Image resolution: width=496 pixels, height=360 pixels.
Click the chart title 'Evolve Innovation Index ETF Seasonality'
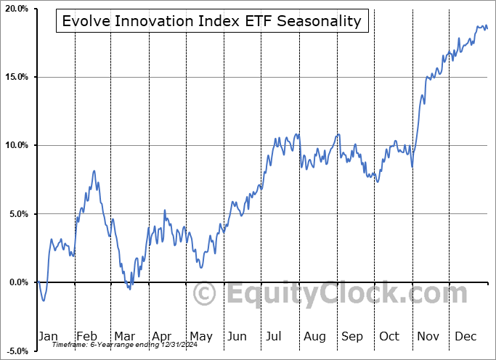211,21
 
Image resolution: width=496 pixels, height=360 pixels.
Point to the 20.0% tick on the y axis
16,9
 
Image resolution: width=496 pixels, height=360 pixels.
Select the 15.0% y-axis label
16,77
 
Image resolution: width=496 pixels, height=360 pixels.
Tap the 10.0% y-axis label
16,145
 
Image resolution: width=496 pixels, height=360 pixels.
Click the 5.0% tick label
17,214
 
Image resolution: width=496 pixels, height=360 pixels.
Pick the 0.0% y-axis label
17,282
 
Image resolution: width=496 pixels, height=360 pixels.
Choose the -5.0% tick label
16,351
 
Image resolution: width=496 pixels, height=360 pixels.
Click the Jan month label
47,336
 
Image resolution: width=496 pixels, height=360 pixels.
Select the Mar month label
124,336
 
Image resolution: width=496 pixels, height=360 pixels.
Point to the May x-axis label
200,336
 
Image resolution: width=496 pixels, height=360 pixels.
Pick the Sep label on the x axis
352,336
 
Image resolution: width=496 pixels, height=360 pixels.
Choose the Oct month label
390,336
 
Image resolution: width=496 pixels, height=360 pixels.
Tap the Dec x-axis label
466,336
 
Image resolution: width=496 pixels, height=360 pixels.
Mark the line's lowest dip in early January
44,300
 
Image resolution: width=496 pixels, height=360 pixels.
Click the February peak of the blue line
94,171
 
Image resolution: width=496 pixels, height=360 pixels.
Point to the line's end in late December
487,28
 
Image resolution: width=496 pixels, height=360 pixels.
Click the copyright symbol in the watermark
205,295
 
